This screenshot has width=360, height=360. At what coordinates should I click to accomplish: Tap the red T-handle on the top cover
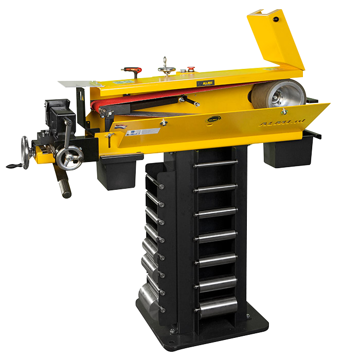pyautogui.click(x=131, y=69)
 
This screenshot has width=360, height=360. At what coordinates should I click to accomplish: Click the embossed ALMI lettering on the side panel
pyautogui.click(x=277, y=124)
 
